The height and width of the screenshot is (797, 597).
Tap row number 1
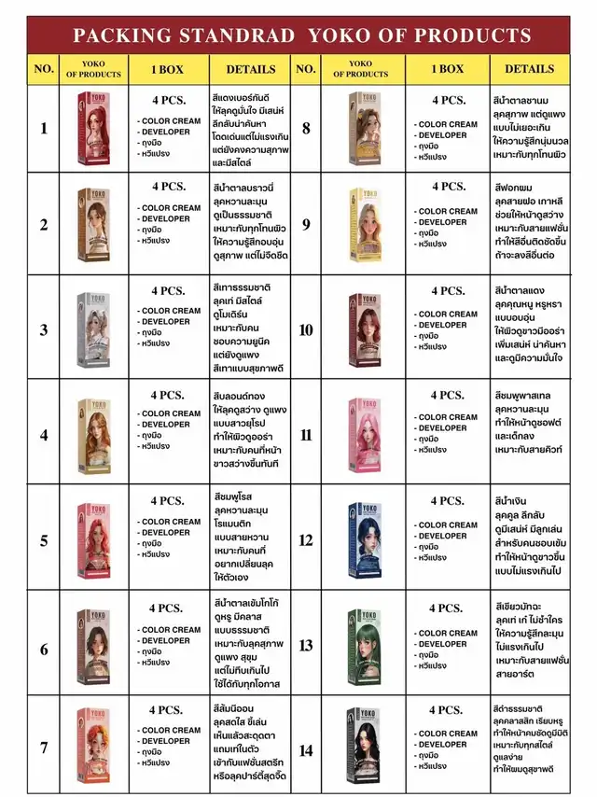coord(43,129)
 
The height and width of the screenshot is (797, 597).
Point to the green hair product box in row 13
coord(364,643)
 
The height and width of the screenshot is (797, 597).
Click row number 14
coord(305,750)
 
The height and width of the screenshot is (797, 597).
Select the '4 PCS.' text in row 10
coord(448,291)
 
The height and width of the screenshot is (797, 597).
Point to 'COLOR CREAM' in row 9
coord(448,211)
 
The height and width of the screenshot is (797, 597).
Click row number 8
coord(305,129)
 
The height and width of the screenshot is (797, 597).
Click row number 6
coord(43,643)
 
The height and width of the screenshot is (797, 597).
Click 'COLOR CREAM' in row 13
coord(448,634)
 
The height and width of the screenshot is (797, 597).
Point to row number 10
coord(305,329)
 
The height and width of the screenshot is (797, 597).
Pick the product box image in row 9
coord(364,223)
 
